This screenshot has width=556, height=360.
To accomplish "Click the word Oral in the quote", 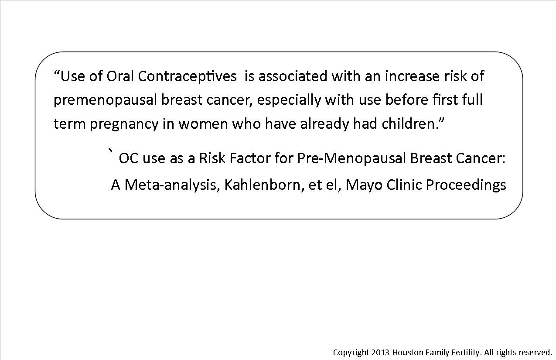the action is (120, 76).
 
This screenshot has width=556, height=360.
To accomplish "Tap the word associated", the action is (293, 76).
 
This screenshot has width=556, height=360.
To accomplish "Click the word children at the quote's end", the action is (408, 124).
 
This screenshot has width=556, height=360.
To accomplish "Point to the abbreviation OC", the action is (129, 158).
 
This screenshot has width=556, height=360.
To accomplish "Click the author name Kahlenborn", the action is (263, 185).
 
